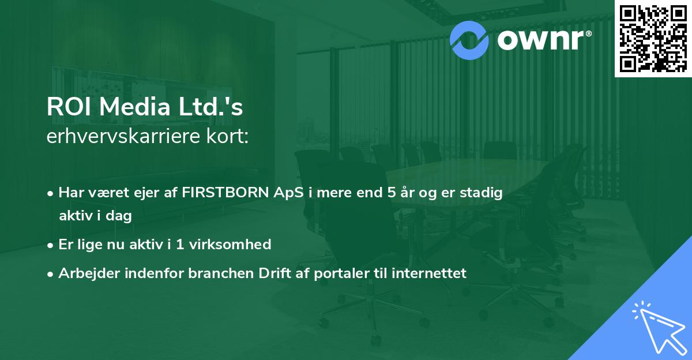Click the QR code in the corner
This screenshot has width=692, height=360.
point(653,38)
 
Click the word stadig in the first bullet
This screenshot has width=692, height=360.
point(483,193)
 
